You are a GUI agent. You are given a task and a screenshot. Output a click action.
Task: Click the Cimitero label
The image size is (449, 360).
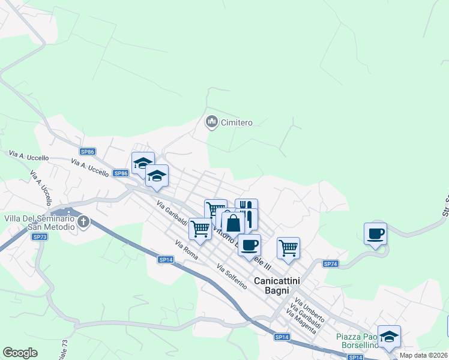coord(237,123)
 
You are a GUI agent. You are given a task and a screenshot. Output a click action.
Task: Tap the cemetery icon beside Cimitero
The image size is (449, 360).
coord(211,122)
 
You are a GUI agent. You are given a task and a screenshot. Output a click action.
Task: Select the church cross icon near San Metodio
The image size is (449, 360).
coord(83,222)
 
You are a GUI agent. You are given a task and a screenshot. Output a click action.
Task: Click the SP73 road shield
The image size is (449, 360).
coord(40,237)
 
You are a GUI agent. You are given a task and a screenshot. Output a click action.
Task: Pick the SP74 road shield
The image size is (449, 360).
coord(331,264)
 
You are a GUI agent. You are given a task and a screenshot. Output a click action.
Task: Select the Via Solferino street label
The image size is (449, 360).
coord(232,277)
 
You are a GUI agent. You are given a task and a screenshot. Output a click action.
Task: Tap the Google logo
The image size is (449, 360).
coord(20,353)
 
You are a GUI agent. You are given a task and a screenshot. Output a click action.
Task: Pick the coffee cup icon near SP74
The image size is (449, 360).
coord(375,233)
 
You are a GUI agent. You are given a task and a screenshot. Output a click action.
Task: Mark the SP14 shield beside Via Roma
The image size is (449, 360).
coord(166,259)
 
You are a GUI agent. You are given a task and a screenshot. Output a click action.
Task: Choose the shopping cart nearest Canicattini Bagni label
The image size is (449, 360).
coord(288,247)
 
